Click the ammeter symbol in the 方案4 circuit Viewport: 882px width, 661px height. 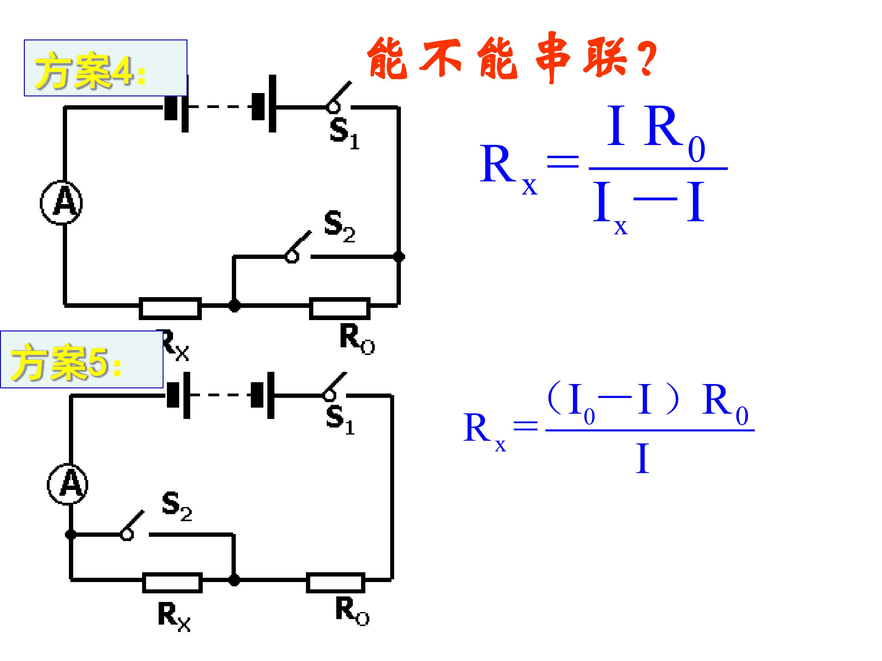[62, 203]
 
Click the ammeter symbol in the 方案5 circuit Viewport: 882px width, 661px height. [68, 484]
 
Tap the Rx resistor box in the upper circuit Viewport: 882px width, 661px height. [170, 309]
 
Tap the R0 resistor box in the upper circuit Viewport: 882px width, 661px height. [340, 309]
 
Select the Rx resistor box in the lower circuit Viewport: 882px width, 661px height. [172, 583]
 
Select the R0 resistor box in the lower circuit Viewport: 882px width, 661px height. [336, 583]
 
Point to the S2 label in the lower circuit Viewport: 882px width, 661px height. [177, 506]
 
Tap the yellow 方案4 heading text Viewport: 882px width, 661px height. [90, 70]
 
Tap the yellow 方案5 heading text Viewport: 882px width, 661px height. [66, 362]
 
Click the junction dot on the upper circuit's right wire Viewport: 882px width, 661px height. [399, 256]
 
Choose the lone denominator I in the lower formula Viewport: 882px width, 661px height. [643, 458]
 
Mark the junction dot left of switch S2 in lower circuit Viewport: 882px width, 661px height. [71, 534]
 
